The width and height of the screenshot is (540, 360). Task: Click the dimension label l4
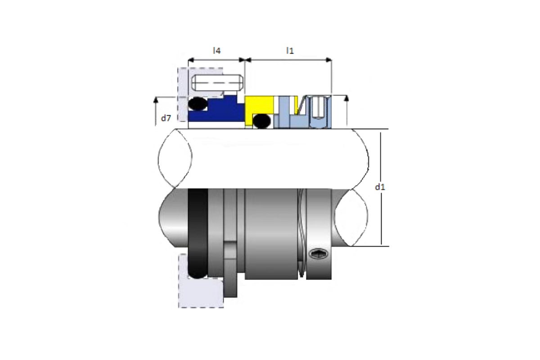tap(216, 51)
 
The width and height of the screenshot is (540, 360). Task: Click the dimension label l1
tap(290, 51)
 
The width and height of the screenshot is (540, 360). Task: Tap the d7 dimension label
tap(166, 118)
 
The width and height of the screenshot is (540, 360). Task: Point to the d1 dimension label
tap(380, 187)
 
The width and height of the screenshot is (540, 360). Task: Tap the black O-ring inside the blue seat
tap(198, 104)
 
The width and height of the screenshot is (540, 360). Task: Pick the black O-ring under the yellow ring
tap(261, 121)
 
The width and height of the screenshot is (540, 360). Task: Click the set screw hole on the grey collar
tap(318, 253)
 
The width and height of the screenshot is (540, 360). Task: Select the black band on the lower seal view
tap(198, 233)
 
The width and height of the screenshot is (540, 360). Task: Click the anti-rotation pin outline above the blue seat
tap(217, 83)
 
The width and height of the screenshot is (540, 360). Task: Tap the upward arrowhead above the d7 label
tap(156, 99)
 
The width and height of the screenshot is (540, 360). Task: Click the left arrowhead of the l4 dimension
tap(191, 60)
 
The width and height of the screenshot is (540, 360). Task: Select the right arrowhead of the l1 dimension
tap(328, 60)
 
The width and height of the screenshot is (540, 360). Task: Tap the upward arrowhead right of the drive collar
tap(346, 98)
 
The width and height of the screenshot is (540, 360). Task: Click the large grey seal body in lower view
tap(271, 234)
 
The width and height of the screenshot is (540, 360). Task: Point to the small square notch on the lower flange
tap(230, 250)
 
